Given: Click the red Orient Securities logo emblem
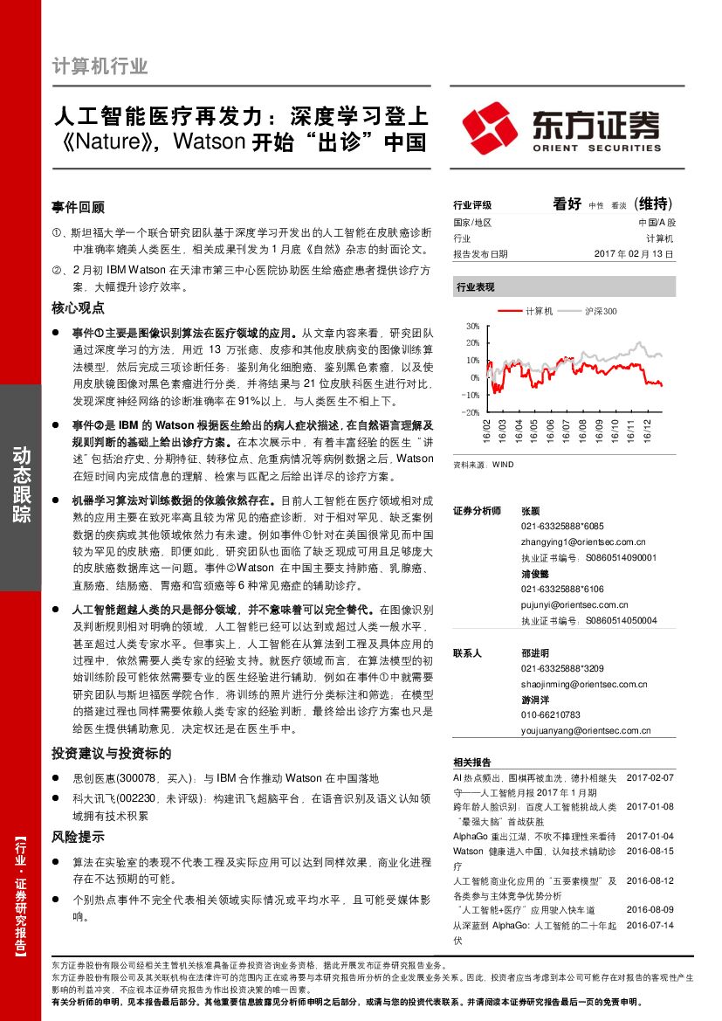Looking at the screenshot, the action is pos(489,128).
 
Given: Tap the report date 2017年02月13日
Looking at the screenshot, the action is pos(634,254).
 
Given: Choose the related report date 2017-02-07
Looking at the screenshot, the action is pos(650,776).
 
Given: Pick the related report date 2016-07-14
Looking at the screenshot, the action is pos(650,925).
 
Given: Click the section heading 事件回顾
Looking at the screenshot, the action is pos(78,208).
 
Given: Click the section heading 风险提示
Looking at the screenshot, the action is pos(78,837).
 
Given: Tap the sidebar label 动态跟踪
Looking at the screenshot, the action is pos(20,486).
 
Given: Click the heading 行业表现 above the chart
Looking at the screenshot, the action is pos(476,286).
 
